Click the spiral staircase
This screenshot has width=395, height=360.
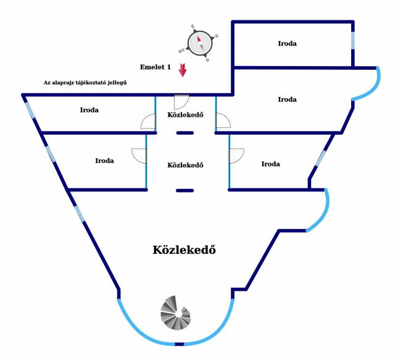(x=176, y=313)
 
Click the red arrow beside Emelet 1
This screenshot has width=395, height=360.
(x=183, y=70)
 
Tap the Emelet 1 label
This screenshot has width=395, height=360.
(x=156, y=67)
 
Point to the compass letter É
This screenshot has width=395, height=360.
(x=193, y=26)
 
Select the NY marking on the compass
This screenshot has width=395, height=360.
(x=181, y=51)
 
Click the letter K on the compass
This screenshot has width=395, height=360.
(x=217, y=36)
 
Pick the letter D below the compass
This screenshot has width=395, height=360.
(x=207, y=60)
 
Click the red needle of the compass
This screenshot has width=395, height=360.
(x=199, y=39)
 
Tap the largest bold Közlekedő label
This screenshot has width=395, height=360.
(x=185, y=250)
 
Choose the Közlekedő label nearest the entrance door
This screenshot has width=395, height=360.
(x=185, y=115)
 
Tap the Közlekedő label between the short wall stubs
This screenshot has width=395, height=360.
(x=185, y=165)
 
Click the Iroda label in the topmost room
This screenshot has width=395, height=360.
(x=287, y=43)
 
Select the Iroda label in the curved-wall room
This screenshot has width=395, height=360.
(x=287, y=99)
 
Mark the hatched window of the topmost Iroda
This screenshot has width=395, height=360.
(x=353, y=41)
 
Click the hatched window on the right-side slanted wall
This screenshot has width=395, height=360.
(x=320, y=158)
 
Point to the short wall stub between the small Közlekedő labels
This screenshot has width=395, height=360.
(x=185, y=133)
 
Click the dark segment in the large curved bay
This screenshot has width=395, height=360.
(x=180, y=344)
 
